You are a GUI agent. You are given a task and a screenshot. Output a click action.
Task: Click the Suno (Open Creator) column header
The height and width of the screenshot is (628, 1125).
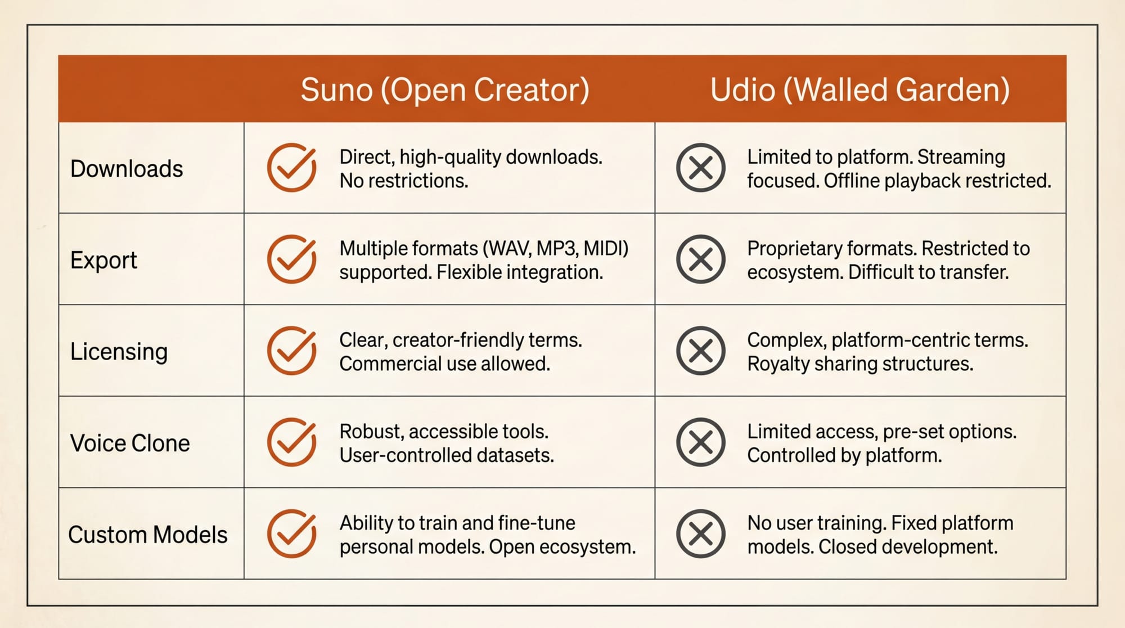pyautogui.click(x=445, y=89)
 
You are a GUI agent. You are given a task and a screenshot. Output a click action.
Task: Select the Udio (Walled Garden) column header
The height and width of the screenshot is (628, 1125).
pyautogui.click(x=859, y=89)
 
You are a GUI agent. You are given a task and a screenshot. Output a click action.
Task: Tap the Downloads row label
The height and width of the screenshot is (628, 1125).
pyautogui.click(x=127, y=169)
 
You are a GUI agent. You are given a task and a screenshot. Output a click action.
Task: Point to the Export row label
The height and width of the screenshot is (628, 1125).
pyautogui.click(x=103, y=260)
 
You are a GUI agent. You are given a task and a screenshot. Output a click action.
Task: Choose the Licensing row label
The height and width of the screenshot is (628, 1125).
pyautogui.click(x=119, y=352)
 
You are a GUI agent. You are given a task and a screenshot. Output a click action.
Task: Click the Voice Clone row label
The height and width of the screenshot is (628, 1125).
pyautogui.click(x=130, y=443)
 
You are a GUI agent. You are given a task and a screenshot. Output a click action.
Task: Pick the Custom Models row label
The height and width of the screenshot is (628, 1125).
pyautogui.click(x=148, y=535)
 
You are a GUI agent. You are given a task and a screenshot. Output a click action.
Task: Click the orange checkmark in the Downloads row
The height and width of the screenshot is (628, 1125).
pyautogui.click(x=291, y=168)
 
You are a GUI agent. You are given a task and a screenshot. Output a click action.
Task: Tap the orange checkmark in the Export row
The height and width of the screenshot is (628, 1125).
pyautogui.click(x=291, y=259)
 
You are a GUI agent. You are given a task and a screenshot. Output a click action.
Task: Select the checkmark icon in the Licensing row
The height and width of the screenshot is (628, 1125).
pyautogui.click(x=291, y=351)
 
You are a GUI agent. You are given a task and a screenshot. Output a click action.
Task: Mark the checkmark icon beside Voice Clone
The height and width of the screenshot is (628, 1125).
pyautogui.click(x=291, y=442)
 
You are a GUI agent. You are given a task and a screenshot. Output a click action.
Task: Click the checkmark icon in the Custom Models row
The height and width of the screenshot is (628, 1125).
pyautogui.click(x=291, y=534)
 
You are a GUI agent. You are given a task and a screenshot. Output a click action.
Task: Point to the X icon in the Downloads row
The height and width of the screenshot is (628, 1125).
pyautogui.click(x=700, y=168)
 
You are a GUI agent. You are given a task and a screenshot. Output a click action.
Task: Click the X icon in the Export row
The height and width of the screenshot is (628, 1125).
pyautogui.click(x=700, y=259)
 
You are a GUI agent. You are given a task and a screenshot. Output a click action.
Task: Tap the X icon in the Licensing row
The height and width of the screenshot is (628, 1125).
pyautogui.click(x=700, y=351)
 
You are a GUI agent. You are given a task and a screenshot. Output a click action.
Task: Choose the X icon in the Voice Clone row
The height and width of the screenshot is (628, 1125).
pyautogui.click(x=700, y=442)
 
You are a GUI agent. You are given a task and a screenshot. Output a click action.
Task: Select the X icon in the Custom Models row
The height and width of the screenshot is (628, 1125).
pyautogui.click(x=700, y=534)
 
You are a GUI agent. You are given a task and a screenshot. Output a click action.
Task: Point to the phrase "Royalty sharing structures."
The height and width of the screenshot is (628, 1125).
pyautogui.click(x=859, y=364)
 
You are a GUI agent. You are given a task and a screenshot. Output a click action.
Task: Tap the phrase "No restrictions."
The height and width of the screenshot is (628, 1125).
pyautogui.click(x=403, y=181)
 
